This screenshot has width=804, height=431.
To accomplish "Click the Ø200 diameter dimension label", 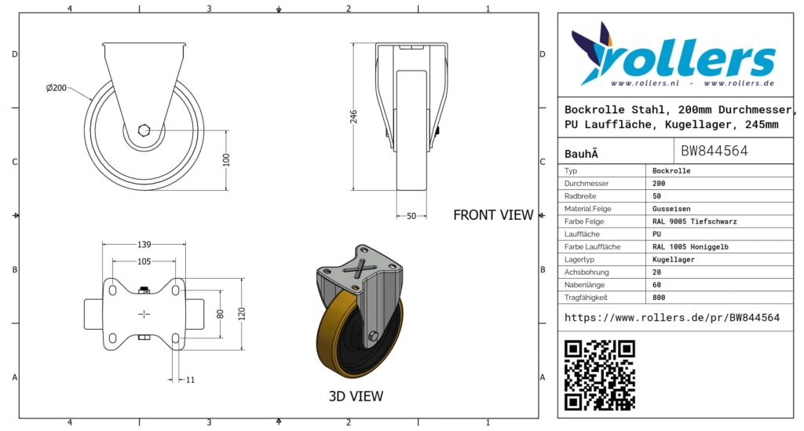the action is point(57,88).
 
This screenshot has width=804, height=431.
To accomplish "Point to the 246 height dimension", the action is point(354,117).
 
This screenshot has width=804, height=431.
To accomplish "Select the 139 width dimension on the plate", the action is point(144,245).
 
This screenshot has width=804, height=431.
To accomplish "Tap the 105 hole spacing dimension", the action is point(144,262).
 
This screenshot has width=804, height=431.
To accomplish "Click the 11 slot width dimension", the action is point(190,380).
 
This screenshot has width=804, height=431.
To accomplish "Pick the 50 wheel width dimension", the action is point(411,216).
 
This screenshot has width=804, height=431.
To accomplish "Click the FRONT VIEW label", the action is point(493,215).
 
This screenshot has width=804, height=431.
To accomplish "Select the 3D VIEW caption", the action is point(356,396).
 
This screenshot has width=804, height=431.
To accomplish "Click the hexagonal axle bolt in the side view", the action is point(144,130).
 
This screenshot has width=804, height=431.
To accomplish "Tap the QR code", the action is point(600,375).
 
